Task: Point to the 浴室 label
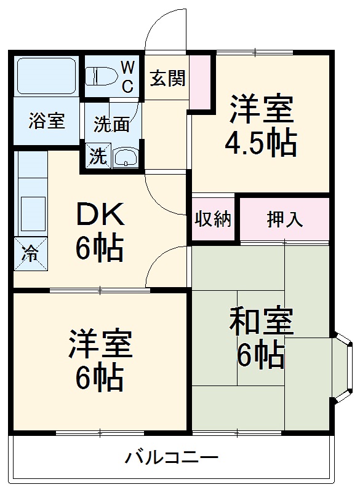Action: pos(46,121)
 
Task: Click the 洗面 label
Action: pos(111,124)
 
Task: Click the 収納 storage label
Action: pos(213,219)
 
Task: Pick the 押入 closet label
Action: pos(284,219)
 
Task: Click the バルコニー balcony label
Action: pos(172,457)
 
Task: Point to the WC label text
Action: pos(127,76)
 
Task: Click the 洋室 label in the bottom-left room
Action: pos(100,345)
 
